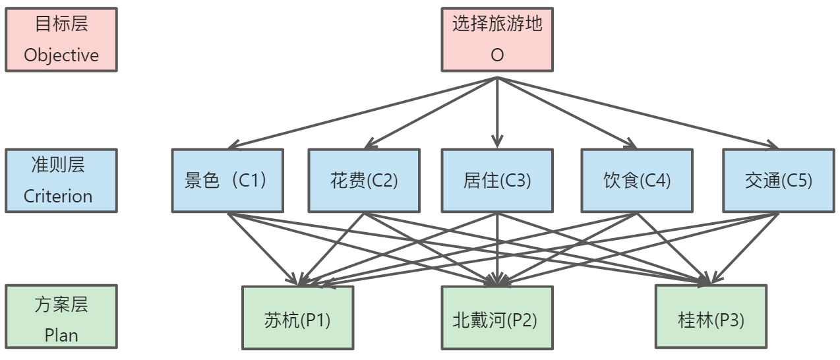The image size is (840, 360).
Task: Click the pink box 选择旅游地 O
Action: (496, 40)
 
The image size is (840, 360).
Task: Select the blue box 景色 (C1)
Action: (227, 180)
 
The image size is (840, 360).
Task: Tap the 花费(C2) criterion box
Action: (364, 180)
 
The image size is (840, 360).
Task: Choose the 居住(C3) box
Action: (496, 180)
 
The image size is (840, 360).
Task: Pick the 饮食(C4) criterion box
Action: (636, 180)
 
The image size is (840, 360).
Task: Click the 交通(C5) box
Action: (778, 180)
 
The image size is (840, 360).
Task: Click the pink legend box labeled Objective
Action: (61, 40)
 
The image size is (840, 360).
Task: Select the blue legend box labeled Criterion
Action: (61, 180)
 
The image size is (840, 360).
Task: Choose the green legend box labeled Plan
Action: (61, 317)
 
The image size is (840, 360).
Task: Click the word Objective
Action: (61, 55)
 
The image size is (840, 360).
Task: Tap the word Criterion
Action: (58, 196)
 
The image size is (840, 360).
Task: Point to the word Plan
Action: (61, 335)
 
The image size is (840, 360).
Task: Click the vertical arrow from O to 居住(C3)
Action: (496, 112)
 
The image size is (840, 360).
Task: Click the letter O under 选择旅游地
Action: (496, 56)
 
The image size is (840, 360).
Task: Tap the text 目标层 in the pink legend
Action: (61, 25)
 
